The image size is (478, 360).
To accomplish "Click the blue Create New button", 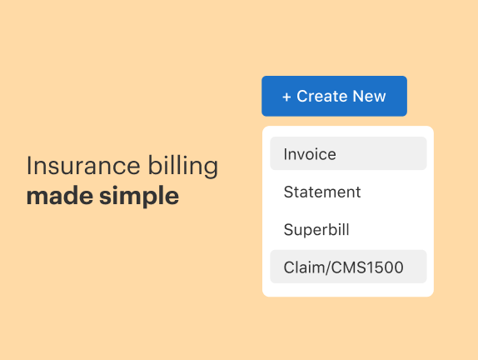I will [x=334, y=96].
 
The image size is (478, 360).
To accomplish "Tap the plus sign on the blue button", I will [x=286, y=97].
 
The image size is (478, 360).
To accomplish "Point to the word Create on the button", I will [x=321, y=97].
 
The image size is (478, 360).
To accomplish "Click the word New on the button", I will [x=369, y=97].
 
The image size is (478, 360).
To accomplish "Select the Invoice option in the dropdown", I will [x=348, y=153].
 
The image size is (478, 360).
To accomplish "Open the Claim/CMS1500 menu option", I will [x=348, y=267].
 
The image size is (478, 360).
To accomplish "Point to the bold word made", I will [x=54, y=197].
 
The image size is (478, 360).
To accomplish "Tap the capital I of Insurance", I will [x=29, y=165].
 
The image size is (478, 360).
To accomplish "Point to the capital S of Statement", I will [x=288, y=192].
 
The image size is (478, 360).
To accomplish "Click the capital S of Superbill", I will [x=288, y=229].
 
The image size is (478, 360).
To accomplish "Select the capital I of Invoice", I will [x=286, y=154].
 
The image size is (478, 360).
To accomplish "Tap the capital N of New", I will [x=357, y=97].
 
